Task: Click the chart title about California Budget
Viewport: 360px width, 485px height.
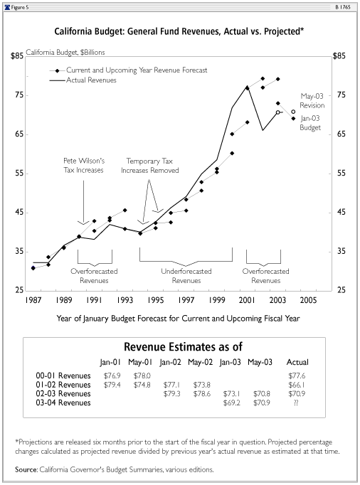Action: pos(179,31)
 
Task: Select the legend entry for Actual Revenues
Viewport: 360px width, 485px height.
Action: pos(91,80)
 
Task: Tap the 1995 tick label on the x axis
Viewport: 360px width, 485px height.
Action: pos(155,300)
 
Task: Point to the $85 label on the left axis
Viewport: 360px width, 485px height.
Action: pos(17,56)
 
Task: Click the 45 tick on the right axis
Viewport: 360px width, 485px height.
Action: pos(341,212)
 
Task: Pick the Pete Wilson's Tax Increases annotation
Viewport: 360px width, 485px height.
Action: pos(84,165)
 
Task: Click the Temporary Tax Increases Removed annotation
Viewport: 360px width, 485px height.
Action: pos(150,166)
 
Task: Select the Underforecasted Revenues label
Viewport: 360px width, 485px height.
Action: pos(186,276)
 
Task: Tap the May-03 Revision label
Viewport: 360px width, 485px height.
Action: pos(312,101)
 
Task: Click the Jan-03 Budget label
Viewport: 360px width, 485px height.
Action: pos(310,123)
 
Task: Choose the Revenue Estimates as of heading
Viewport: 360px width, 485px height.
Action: pos(183,347)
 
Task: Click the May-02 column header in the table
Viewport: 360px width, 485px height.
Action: pos(200,362)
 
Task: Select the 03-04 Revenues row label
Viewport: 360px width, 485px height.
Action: pos(63,403)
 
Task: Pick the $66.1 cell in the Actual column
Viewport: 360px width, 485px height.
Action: pos(296,385)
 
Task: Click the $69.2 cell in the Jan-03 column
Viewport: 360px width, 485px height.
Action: pos(231,403)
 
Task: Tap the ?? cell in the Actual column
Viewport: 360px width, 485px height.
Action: pos(296,403)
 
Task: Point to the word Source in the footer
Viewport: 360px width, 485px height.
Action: pos(26,469)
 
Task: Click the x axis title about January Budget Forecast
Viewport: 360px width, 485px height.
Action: pos(179,319)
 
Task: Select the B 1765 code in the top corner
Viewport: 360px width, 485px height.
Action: pos(343,7)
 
